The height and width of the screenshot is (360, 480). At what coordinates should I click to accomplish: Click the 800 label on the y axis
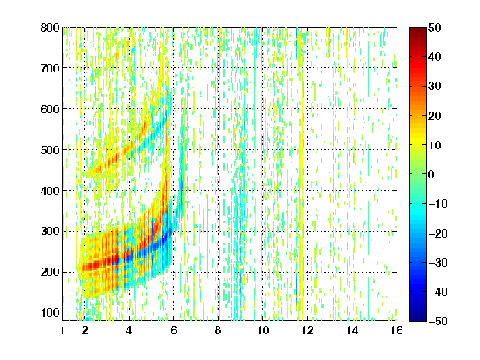click(x=50, y=27)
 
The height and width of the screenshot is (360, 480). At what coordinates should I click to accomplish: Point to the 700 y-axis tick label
click(x=50, y=68)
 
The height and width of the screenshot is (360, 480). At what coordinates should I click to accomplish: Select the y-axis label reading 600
click(x=50, y=109)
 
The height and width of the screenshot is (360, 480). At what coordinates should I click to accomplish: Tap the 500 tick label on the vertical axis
click(x=50, y=150)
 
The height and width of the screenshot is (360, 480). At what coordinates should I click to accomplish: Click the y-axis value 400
click(x=50, y=191)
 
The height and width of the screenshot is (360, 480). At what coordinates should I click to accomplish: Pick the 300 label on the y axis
click(x=50, y=232)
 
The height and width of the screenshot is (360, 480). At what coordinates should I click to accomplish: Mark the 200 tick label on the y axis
click(x=50, y=272)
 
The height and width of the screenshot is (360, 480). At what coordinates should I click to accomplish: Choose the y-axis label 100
click(x=50, y=312)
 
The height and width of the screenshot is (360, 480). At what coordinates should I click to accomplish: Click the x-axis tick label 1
click(x=62, y=331)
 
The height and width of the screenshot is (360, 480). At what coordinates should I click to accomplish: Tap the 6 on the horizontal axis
click(x=173, y=331)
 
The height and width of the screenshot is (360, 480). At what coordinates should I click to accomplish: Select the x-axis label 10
click(x=262, y=331)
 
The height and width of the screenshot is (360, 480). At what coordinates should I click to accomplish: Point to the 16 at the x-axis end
click(x=397, y=331)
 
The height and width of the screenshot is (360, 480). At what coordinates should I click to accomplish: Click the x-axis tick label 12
click(x=307, y=331)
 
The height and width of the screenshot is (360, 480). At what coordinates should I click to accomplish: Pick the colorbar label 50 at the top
click(x=434, y=27)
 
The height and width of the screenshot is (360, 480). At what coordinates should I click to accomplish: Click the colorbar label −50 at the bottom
click(x=438, y=321)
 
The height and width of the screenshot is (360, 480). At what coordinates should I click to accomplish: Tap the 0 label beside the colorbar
click(x=432, y=174)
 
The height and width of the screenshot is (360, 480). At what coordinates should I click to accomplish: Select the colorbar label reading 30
click(x=434, y=87)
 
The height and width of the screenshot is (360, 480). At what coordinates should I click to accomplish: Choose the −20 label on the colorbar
click(x=438, y=233)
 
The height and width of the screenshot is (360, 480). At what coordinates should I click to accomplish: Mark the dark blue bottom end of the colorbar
click(x=417, y=318)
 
